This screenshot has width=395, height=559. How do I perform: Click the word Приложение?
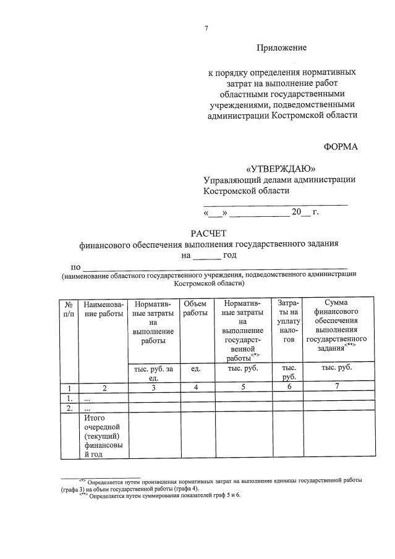click(x=281, y=47)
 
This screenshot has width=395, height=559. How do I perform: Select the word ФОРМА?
click(x=340, y=147)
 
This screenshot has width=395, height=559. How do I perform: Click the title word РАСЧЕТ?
click(x=208, y=233)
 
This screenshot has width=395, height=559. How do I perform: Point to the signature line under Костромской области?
click(x=275, y=203)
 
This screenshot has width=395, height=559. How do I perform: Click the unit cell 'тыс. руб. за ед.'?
click(x=153, y=372)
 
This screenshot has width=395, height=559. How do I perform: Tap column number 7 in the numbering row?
click(x=336, y=387)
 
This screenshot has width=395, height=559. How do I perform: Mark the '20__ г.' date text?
click(x=305, y=212)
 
